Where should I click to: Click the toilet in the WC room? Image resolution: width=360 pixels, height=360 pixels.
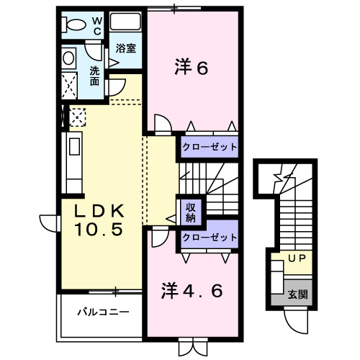pyautogui.click(x=73, y=24)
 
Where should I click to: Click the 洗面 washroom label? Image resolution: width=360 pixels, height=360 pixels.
pyautogui.click(x=95, y=76)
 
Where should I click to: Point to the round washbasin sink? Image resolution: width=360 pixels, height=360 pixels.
pyautogui.click(x=69, y=57)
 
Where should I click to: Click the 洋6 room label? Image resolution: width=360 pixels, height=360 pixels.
pyautogui.click(x=191, y=68)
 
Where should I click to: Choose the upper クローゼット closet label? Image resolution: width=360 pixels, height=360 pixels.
pyautogui.click(x=209, y=147)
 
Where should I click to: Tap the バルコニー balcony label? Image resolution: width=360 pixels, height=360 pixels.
pyautogui.click(x=104, y=313)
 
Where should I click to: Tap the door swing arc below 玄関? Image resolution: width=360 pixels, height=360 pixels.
pyautogui.click(x=296, y=320)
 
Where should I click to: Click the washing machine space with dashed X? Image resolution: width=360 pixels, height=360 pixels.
pyautogui.click(x=71, y=84)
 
